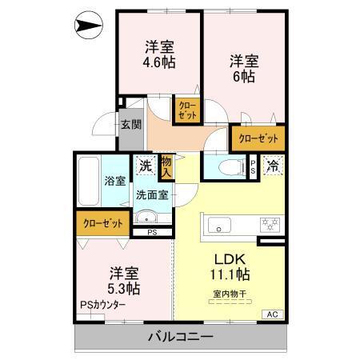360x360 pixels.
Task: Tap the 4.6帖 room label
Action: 160,54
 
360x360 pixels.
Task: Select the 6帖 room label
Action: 244,68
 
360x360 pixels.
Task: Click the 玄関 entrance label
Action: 131,124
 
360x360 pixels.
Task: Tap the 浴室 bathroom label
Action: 114,181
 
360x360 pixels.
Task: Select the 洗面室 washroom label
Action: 150,194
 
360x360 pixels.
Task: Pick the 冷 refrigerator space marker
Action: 274,166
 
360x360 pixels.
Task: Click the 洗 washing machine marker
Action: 146,166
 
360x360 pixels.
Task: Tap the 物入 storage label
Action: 166,166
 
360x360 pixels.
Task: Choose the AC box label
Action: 272,314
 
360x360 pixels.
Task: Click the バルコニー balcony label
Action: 180,337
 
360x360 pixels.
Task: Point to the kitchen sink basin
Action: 218,225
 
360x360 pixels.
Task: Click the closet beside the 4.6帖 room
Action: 186,110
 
